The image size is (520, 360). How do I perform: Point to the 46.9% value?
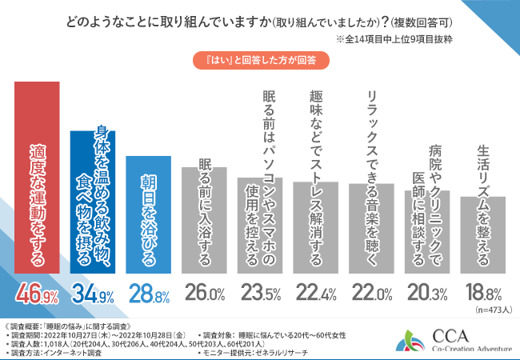(x=37, y=296)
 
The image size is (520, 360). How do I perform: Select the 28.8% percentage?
(x=149, y=296)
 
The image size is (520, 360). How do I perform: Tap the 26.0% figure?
(x=205, y=296)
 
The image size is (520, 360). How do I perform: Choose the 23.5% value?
(x=261, y=296)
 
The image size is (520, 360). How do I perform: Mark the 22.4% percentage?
(x=317, y=296)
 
